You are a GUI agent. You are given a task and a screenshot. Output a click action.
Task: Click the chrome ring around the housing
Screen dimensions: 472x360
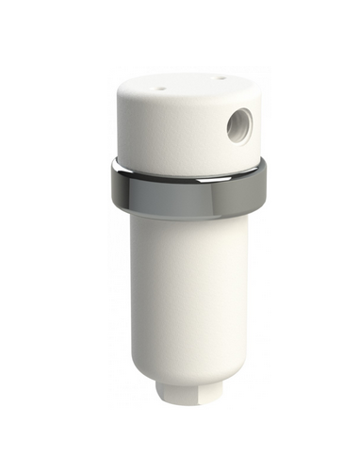tap(188, 189)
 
